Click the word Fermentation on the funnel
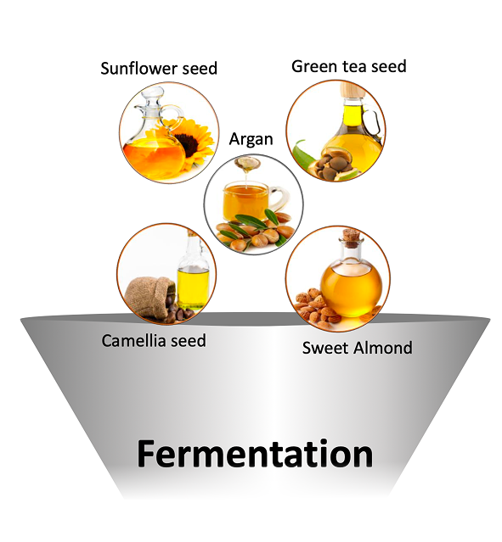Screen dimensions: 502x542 point(255,453)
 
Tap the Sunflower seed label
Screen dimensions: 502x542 point(159,68)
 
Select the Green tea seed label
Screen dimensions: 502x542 point(348,66)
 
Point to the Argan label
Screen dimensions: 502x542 point(251,139)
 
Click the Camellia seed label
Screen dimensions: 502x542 point(154,340)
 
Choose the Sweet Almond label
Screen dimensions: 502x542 point(358,348)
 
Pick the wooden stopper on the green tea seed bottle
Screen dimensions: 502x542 point(352,90)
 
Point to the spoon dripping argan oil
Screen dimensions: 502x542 point(246,163)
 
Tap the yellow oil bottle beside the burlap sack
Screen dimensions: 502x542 point(193,273)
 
